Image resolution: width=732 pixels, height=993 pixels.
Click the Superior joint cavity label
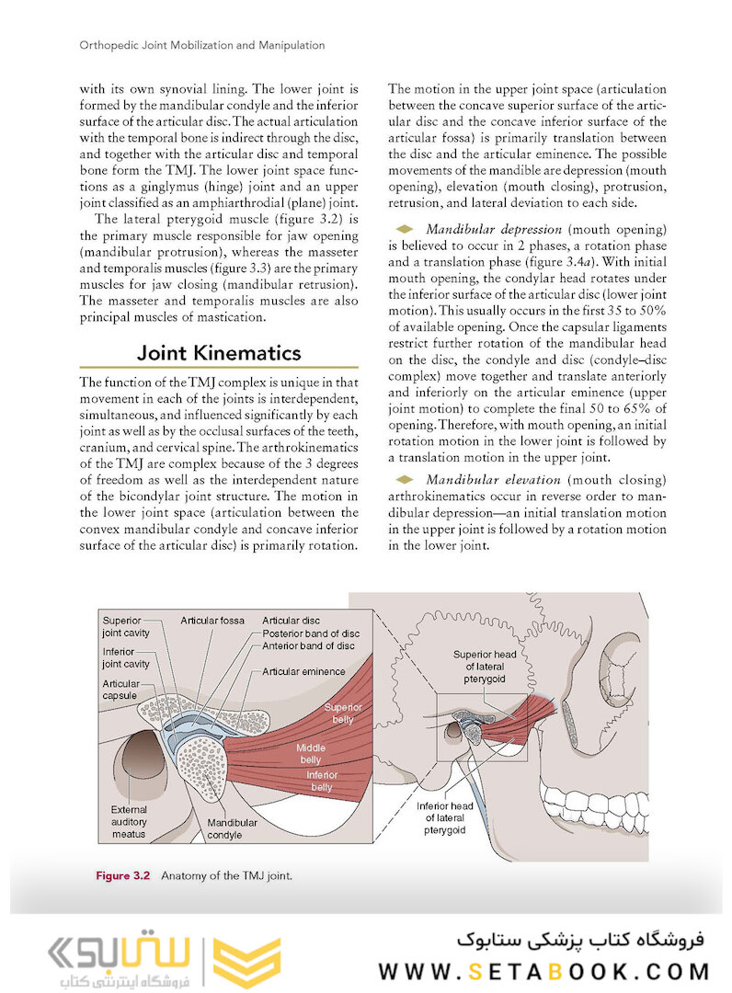pyautogui.click(x=128, y=626)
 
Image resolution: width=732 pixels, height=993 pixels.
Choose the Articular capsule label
pyautogui.click(x=121, y=690)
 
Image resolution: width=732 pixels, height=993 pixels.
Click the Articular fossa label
pyautogui.click(x=212, y=621)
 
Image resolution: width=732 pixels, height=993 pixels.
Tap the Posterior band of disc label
pyautogui.click(x=311, y=633)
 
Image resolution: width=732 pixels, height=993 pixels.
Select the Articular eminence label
pyautogui.click(x=304, y=671)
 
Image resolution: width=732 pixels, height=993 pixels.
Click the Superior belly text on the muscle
pyautogui.click(x=342, y=713)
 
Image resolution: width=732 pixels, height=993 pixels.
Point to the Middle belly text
pyautogui.click(x=311, y=754)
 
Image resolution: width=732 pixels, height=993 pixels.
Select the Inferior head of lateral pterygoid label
pyautogui.click(x=445, y=817)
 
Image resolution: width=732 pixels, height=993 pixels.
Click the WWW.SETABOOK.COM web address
pyautogui.click(x=543, y=972)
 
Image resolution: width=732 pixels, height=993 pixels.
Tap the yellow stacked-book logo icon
pyautogui.click(x=246, y=962)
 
